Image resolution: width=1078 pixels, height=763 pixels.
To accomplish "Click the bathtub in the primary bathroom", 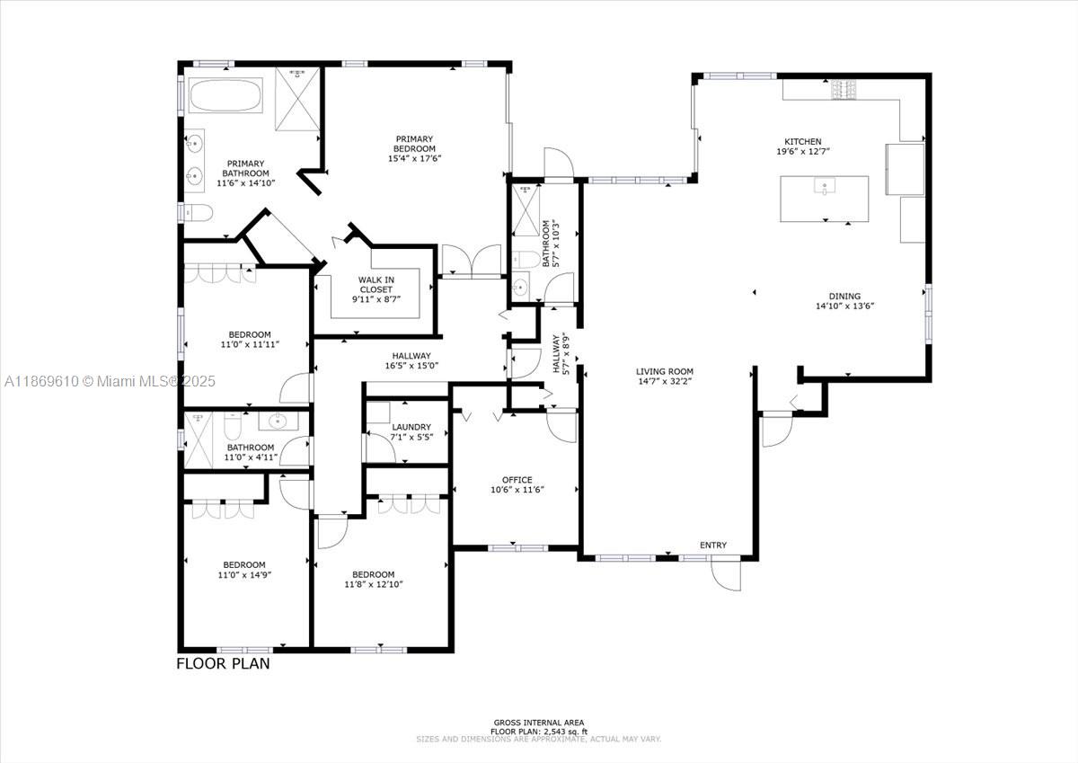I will pos(225,96).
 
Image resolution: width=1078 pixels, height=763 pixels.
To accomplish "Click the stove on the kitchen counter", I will pos(843,88).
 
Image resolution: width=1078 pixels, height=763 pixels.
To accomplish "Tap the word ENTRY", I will pos(713,546).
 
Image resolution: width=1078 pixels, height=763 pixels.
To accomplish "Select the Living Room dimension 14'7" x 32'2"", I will pos(665,381).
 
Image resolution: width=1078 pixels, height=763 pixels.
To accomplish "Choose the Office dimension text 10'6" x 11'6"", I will pos(517,490).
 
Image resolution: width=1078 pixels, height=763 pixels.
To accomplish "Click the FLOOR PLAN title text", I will pos(222,665).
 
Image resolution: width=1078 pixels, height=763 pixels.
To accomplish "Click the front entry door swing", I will pos(726,575).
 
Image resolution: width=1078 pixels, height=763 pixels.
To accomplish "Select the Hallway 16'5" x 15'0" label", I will pos(411,360).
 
